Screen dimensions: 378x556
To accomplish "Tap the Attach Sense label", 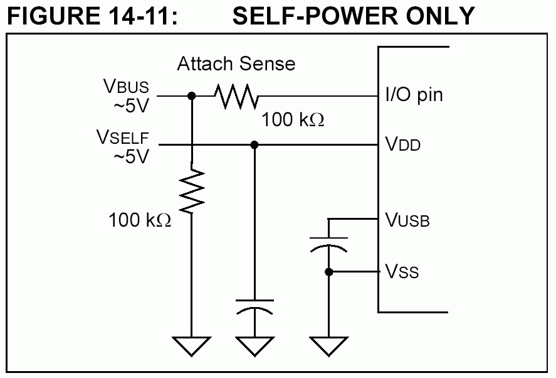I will point(236,63).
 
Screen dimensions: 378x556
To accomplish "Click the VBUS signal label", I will point(127,87).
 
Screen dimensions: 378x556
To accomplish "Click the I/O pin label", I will point(414,95).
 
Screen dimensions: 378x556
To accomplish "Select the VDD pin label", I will point(402,145).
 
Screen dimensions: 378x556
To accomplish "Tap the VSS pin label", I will point(402,272).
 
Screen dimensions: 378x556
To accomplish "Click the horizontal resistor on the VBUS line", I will point(236,96).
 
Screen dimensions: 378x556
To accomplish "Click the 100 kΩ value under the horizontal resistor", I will point(293,119).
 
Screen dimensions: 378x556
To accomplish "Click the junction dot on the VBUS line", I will point(192,96).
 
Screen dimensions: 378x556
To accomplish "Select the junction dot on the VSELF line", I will point(254,145).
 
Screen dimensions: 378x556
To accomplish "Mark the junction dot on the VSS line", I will point(328,272).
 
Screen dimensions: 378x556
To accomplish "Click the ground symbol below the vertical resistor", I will point(192,346).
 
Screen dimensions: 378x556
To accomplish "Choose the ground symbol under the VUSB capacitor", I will point(328,346).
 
